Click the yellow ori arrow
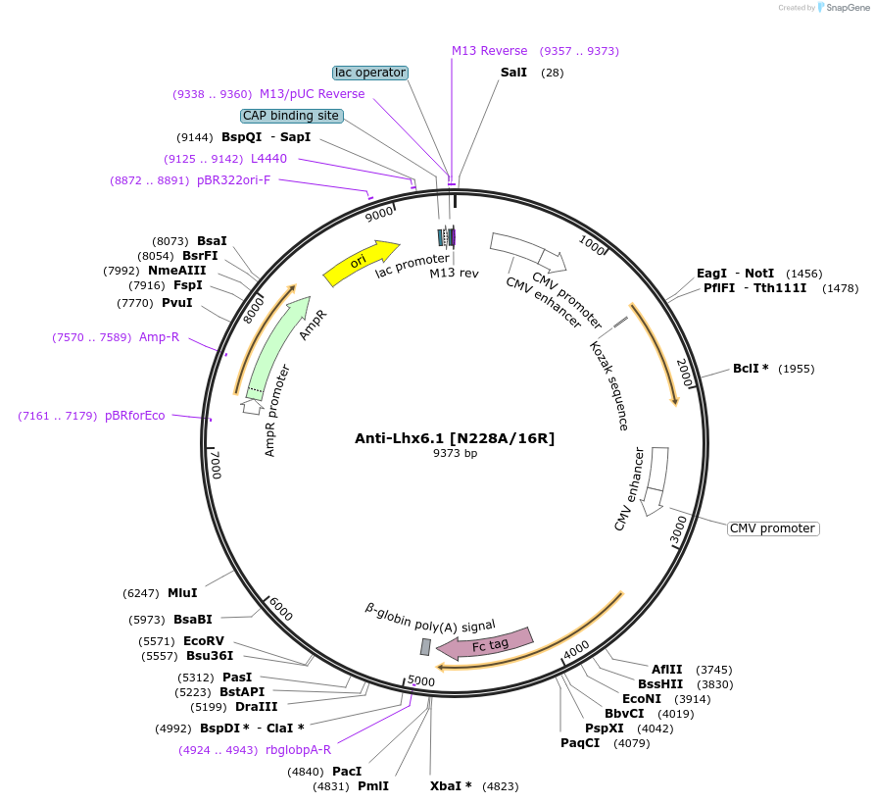[x=360, y=263]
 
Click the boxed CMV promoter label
[x=772, y=528]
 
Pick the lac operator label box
[x=369, y=73]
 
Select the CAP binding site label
[x=291, y=116]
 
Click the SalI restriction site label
[x=513, y=73]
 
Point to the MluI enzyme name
[x=182, y=593]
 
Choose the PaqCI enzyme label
[x=580, y=743]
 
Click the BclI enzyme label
[x=751, y=369]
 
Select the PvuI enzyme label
[x=183, y=303]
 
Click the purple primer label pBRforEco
[x=135, y=416]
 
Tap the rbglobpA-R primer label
[x=298, y=750]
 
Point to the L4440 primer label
[x=268, y=159]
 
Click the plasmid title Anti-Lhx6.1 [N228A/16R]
[x=455, y=438]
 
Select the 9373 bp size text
[x=455, y=453]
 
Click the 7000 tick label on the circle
[x=217, y=464]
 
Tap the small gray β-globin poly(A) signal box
[x=425, y=647]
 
